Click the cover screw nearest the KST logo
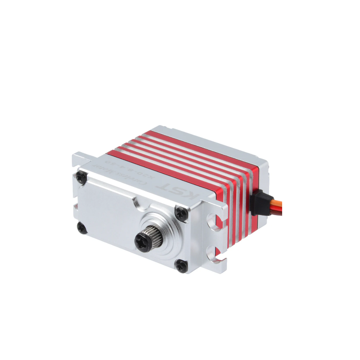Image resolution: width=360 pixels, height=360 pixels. [x=181, y=212]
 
